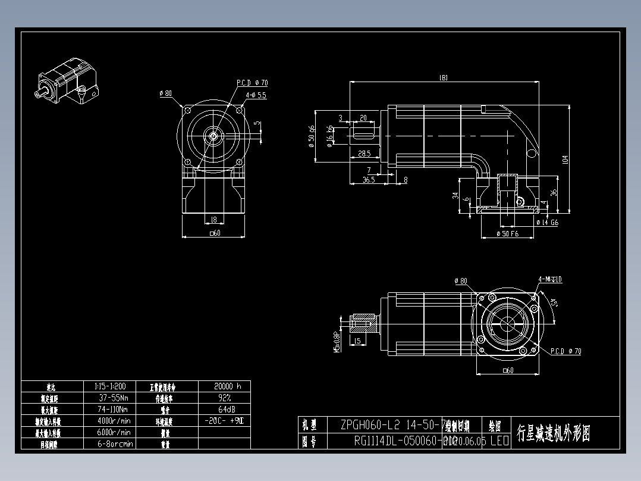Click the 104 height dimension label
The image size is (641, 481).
coord(565,159)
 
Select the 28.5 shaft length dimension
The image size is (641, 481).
coord(364,154)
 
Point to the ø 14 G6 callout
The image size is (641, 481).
coord(547,223)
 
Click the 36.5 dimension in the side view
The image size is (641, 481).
coord(368,179)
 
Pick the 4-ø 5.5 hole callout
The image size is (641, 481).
coord(256,95)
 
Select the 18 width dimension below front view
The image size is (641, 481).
coord(213,219)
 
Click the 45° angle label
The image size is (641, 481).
coord(554,304)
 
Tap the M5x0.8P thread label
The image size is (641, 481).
coord(337,342)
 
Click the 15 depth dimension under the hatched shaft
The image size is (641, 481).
coord(357,341)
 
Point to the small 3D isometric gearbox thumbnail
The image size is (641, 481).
coord(68,84)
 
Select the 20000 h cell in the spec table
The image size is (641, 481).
coord(224,386)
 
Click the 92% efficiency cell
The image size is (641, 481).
coord(224,398)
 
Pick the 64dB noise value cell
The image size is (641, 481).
coord(224,410)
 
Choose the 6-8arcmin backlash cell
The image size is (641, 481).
coord(115,443)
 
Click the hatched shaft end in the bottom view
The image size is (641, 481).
coord(363,324)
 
